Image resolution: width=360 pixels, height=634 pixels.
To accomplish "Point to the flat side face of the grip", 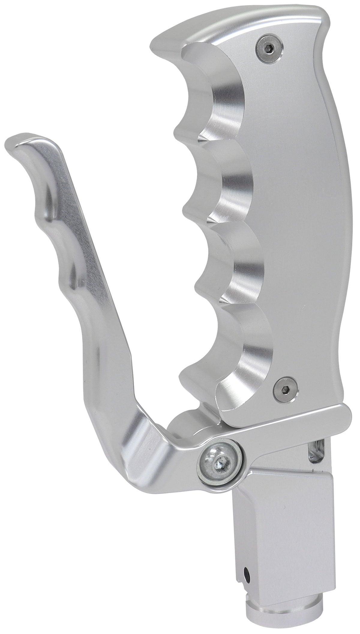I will (x=300, y=210).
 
